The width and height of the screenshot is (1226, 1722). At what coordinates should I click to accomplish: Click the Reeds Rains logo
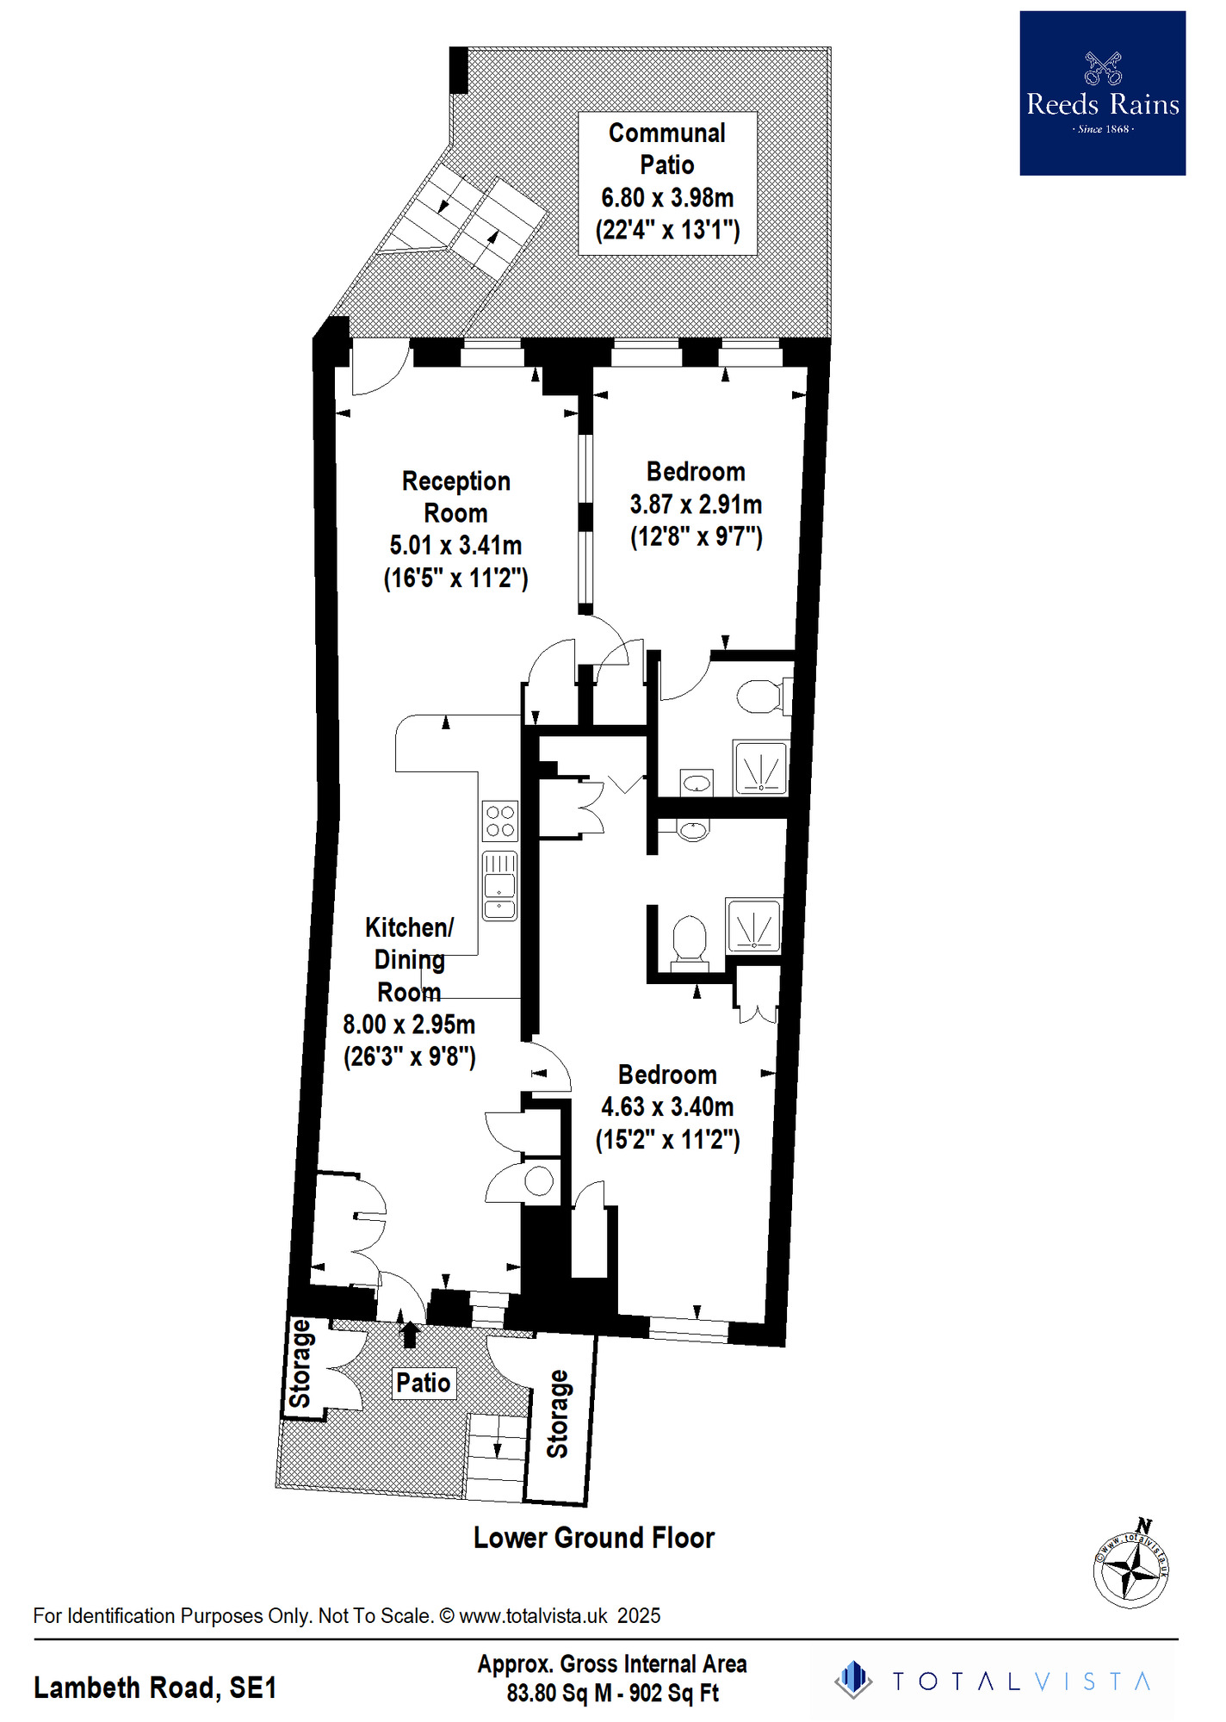[1102, 93]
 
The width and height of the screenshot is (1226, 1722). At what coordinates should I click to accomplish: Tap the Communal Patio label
[667, 149]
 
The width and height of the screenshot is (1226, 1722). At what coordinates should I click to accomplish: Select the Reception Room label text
[456, 497]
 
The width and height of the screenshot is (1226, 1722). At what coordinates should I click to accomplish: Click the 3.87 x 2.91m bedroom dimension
[696, 504]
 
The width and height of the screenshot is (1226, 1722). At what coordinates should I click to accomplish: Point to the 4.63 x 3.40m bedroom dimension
[667, 1106]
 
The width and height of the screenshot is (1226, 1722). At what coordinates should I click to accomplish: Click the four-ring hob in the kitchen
[500, 821]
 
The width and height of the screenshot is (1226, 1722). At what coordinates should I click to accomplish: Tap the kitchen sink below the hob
[499, 885]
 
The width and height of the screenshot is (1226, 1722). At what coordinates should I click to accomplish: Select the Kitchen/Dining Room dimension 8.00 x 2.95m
[409, 1025]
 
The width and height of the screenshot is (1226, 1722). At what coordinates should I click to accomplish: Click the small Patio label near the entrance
[423, 1383]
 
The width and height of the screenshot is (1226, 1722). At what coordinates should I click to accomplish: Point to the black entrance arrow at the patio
[410, 1334]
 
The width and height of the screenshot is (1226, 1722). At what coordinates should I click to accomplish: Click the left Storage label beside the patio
[300, 1363]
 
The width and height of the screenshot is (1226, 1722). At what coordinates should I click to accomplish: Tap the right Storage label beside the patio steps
[558, 1414]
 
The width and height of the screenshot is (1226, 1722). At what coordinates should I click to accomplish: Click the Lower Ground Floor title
[594, 1538]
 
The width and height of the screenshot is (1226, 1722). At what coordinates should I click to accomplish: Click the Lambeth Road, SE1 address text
[155, 1688]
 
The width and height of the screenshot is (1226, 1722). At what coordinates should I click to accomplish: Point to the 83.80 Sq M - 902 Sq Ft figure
[612, 1694]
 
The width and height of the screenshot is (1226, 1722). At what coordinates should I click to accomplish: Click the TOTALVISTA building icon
[853, 1680]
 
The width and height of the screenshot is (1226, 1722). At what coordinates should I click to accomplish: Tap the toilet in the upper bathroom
[762, 697]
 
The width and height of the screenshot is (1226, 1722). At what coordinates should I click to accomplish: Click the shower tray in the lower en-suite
[754, 926]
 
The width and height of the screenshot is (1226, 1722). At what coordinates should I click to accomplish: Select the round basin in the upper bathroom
[696, 784]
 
